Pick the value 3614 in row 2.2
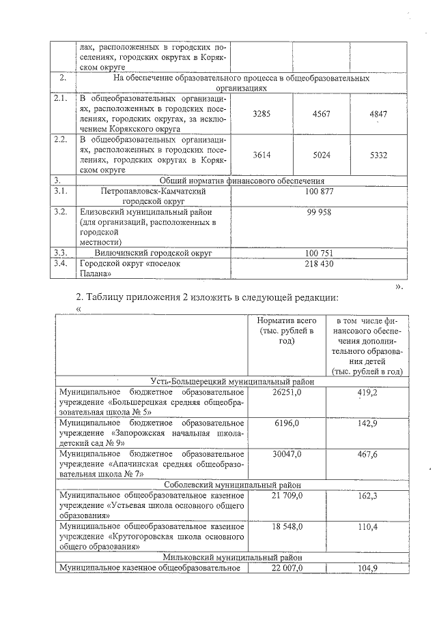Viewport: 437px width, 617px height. [x=262, y=155]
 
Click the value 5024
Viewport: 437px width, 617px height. [x=321, y=155]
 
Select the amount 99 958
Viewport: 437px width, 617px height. [x=320, y=213]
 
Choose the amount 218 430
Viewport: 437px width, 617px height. [x=320, y=264]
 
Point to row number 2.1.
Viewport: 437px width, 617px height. [x=62, y=99]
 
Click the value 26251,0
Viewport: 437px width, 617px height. [x=286, y=393]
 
